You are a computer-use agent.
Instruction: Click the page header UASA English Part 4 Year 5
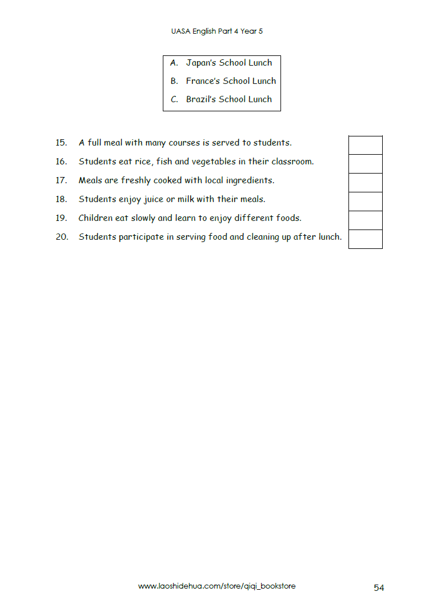pyautogui.click(x=216, y=31)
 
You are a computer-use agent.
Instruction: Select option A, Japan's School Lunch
pyautogui.click(x=221, y=63)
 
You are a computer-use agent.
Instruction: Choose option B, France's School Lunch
pyautogui.click(x=223, y=81)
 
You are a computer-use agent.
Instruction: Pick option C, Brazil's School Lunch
pyautogui.click(x=221, y=99)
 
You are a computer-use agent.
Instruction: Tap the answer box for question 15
pyautogui.click(x=365, y=145)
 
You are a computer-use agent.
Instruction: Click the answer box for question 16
pyautogui.click(x=365, y=164)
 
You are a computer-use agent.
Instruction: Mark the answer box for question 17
pyautogui.click(x=365, y=183)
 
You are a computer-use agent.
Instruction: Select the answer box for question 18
pyautogui.click(x=365, y=202)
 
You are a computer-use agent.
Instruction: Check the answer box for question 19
pyautogui.click(x=365, y=220)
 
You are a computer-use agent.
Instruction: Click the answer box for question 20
pyautogui.click(x=365, y=239)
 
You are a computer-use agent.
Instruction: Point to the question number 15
pyautogui.click(x=61, y=143)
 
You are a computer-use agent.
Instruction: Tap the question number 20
pyautogui.click(x=62, y=237)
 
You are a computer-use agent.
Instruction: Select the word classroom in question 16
pyautogui.click(x=292, y=162)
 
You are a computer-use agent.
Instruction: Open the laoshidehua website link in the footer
pyautogui.click(x=216, y=586)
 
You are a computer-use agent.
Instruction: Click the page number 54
pyautogui.click(x=379, y=587)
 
